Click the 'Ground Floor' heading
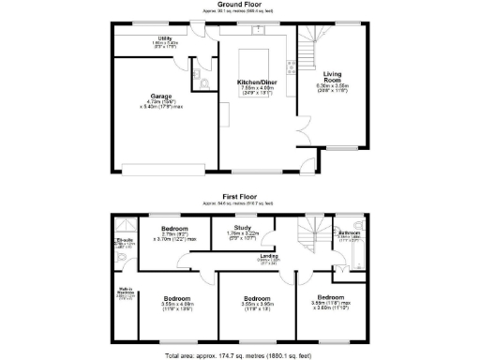[239, 5]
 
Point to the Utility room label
[164, 38]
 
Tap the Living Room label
[332, 74]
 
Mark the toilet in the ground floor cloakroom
[205, 83]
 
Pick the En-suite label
[123, 242]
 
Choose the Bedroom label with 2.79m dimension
[174, 229]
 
